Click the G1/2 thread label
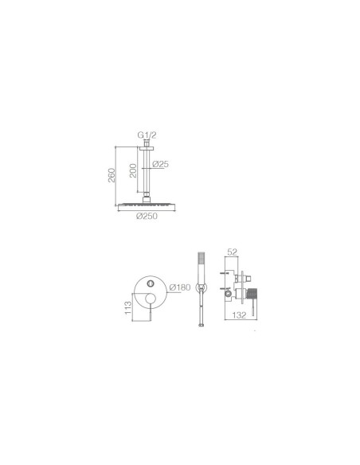[x=147, y=135]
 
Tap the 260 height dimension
[x=112, y=175]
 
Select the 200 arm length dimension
[x=133, y=170]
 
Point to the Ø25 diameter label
[x=160, y=164]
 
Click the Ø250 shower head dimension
[x=147, y=217]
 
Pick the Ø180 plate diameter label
[x=180, y=287]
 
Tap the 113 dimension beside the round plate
[x=127, y=307]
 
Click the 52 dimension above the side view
[x=233, y=252]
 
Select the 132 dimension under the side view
[x=239, y=315]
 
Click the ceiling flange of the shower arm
[x=147, y=148]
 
